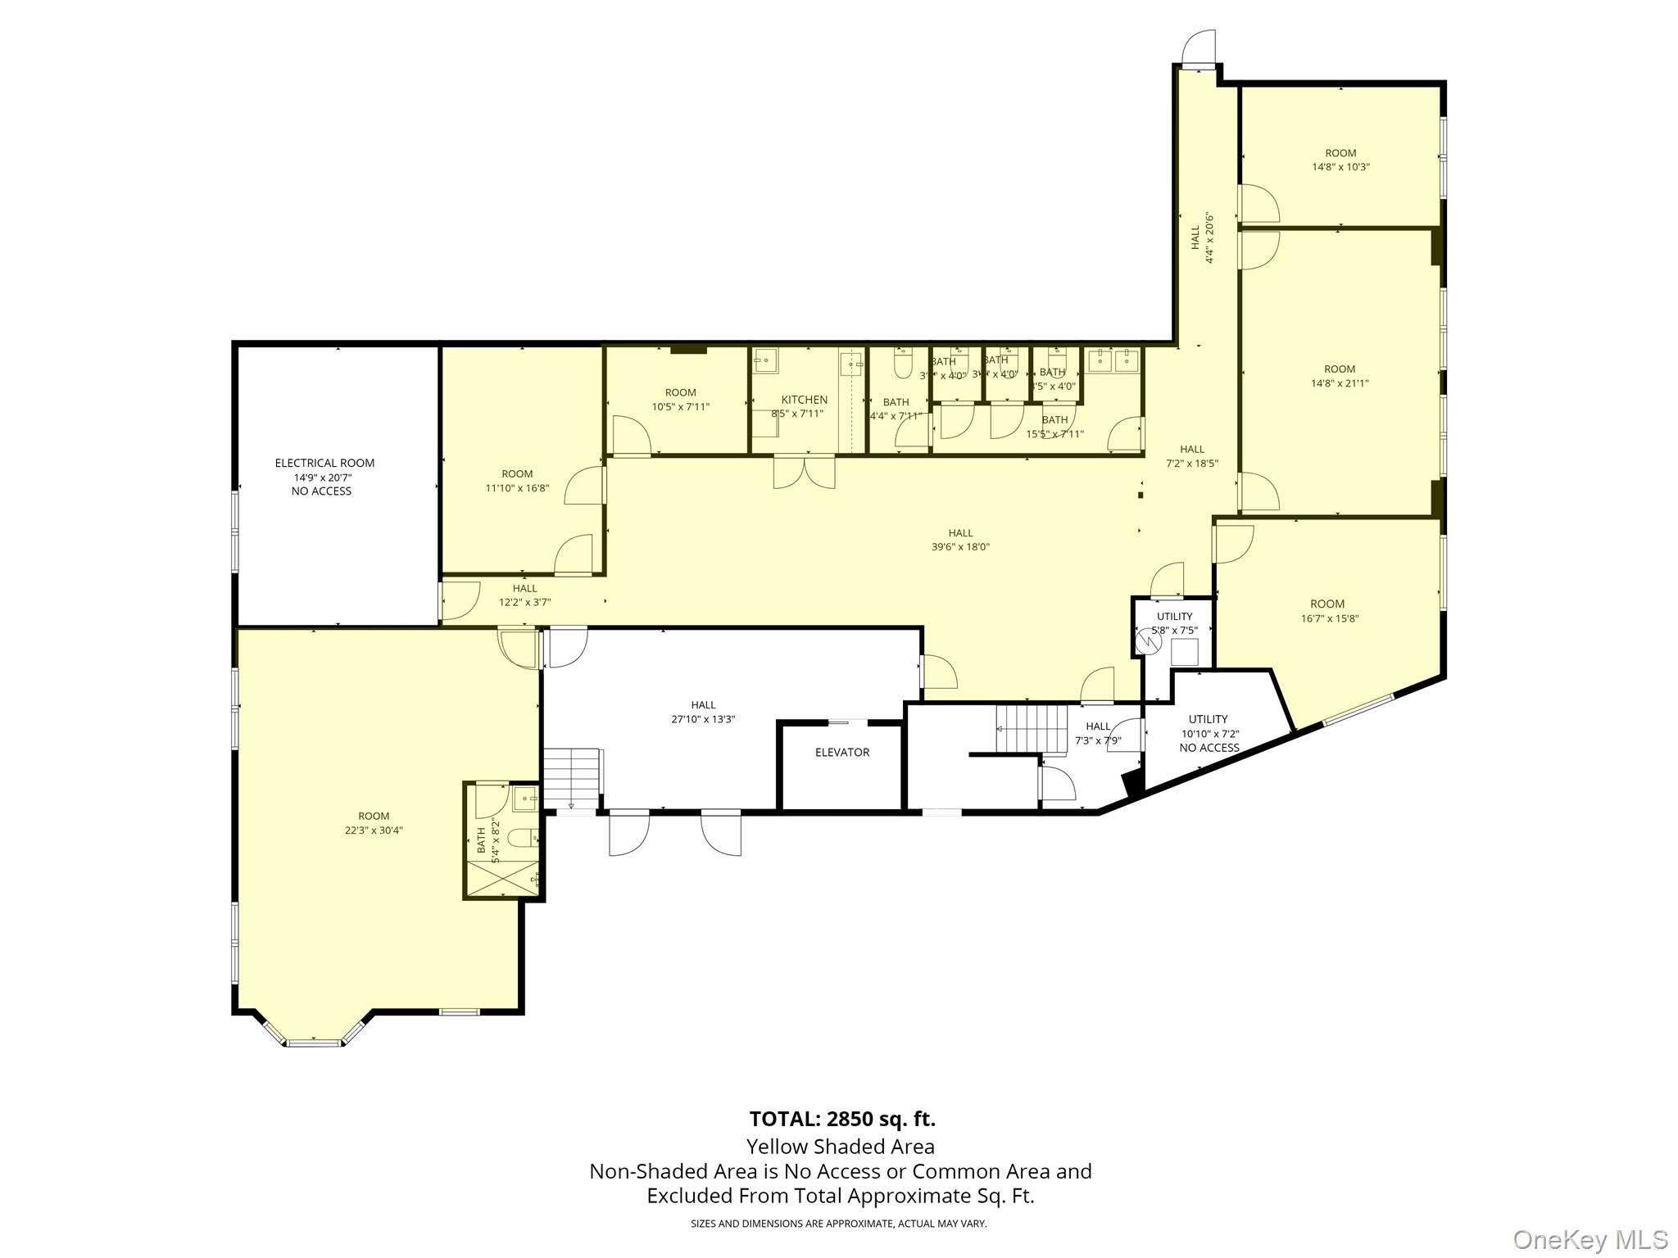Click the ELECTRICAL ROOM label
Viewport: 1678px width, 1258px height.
click(x=324, y=463)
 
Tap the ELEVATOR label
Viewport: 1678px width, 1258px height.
click(x=841, y=752)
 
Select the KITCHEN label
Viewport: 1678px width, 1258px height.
click(x=804, y=400)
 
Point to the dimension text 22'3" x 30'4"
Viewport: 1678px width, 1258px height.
click(x=374, y=830)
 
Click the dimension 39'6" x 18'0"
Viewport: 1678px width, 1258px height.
click(x=960, y=546)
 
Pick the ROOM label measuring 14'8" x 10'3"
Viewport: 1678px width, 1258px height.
click(x=1340, y=152)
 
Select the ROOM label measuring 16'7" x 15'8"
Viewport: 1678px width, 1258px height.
click(x=1327, y=604)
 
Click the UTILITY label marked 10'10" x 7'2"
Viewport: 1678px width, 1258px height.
click(x=1209, y=719)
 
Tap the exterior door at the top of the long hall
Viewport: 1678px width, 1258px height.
click(x=1198, y=51)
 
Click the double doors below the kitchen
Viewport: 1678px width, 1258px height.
click(x=804, y=473)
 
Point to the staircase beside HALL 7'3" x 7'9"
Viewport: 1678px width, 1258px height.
click(x=1032, y=727)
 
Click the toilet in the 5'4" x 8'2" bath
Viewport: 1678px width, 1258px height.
click(x=521, y=837)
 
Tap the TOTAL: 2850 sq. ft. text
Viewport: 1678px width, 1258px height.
click(x=841, y=1118)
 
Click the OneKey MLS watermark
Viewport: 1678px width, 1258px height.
click(x=1590, y=1240)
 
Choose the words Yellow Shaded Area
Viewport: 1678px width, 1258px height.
click(x=840, y=1146)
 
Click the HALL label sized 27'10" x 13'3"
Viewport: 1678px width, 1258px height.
click(x=703, y=704)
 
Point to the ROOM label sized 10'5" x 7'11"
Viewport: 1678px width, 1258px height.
click(x=680, y=392)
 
